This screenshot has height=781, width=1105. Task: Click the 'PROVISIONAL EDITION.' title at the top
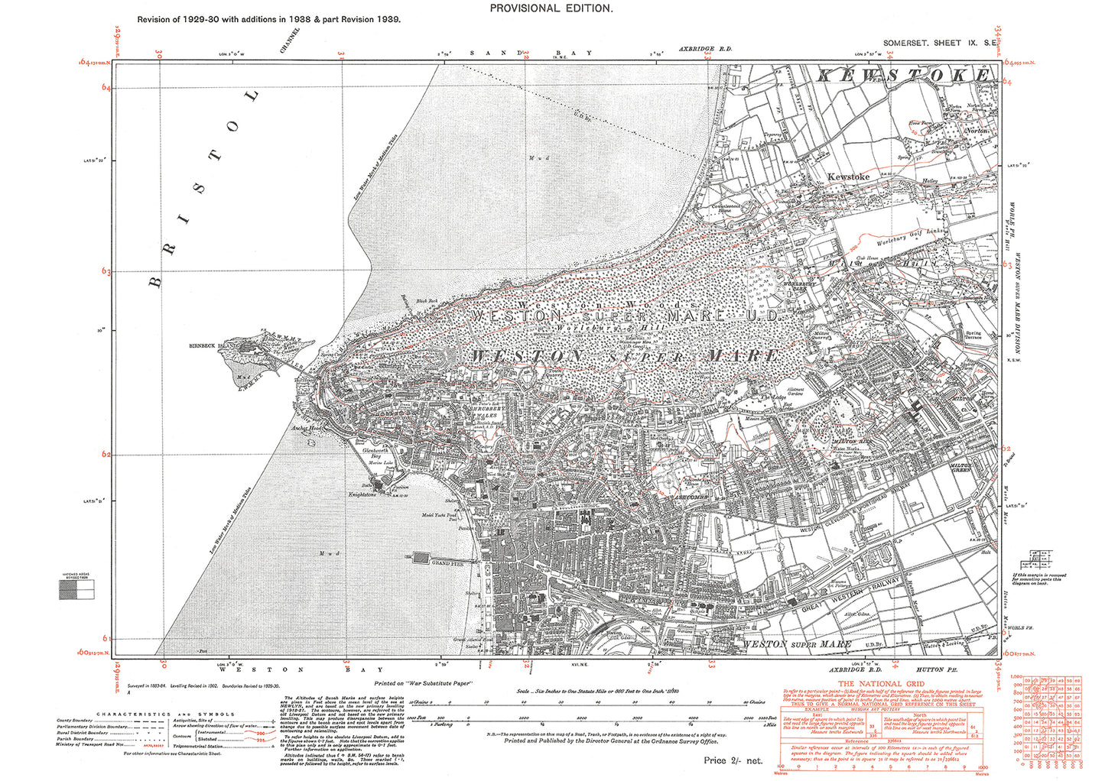click(551, 8)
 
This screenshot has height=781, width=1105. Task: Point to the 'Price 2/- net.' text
click(733, 760)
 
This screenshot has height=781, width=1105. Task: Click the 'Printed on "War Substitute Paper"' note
click(424, 682)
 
